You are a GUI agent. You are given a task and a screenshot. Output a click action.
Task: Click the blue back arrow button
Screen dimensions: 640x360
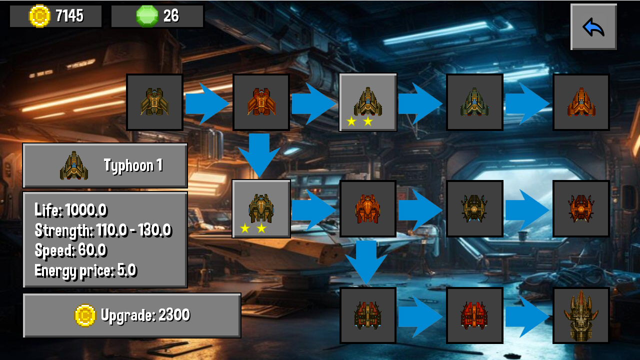coord(593,27)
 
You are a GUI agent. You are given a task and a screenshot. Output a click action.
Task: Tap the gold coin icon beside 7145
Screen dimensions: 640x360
coord(39,16)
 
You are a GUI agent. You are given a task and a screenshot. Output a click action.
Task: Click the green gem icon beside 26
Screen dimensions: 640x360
coord(147,16)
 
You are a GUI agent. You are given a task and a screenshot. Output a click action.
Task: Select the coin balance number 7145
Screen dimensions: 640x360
coord(69,16)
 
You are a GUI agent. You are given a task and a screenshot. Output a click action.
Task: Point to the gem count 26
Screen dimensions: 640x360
coord(171,16)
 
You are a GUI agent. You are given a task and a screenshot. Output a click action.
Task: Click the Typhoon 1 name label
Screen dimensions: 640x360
coord(133,165)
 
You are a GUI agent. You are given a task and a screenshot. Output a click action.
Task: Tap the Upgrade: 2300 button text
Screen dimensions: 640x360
coord(145,315)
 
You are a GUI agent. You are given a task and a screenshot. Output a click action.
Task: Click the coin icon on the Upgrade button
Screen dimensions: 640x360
coord(85,315)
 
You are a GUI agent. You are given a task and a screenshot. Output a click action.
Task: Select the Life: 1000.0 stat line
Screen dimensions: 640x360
coord(70,210)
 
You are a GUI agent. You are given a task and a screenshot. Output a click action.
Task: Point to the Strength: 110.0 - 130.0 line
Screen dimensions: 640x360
coord(103,230)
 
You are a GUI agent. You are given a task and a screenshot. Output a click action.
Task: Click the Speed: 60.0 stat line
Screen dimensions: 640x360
coord(70,250)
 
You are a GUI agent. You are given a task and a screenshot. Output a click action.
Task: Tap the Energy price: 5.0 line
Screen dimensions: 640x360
coord(85,271)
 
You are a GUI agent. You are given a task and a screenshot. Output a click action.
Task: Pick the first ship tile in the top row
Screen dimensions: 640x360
coord(154,102)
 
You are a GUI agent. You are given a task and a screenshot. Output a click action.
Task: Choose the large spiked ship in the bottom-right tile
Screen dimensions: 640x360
coord(581,315)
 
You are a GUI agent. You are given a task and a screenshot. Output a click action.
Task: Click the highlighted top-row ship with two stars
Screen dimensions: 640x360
coord(368,102)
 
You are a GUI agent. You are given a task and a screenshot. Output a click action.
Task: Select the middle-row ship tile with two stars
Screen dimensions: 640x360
coord(261,208)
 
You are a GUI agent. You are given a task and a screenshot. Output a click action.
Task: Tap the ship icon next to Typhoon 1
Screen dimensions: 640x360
coord(74,166)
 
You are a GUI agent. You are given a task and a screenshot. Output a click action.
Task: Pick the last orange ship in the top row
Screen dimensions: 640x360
coord(581,102)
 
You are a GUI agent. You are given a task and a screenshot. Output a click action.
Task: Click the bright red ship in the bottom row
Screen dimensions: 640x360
coord(474,315)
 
